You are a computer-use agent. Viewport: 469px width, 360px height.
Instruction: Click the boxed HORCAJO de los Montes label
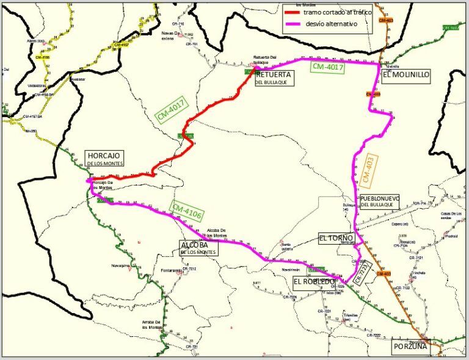click(104, 159)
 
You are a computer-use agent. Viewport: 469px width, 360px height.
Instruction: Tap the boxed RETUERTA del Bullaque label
click(273, 77)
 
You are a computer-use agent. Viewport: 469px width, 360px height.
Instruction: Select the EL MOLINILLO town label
click(407, 75)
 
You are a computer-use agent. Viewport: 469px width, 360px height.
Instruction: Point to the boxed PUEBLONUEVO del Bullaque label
click(379, 201)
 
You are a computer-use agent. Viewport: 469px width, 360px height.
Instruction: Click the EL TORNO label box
click(336, 237)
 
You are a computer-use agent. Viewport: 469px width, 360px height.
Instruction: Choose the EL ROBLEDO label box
click(314, 281)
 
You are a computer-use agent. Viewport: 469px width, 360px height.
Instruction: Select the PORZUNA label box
click(410, 346)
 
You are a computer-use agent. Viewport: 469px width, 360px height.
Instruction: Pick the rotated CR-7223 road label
click(362, 273)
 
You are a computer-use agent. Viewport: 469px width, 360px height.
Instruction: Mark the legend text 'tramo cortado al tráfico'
click(337, 12)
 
